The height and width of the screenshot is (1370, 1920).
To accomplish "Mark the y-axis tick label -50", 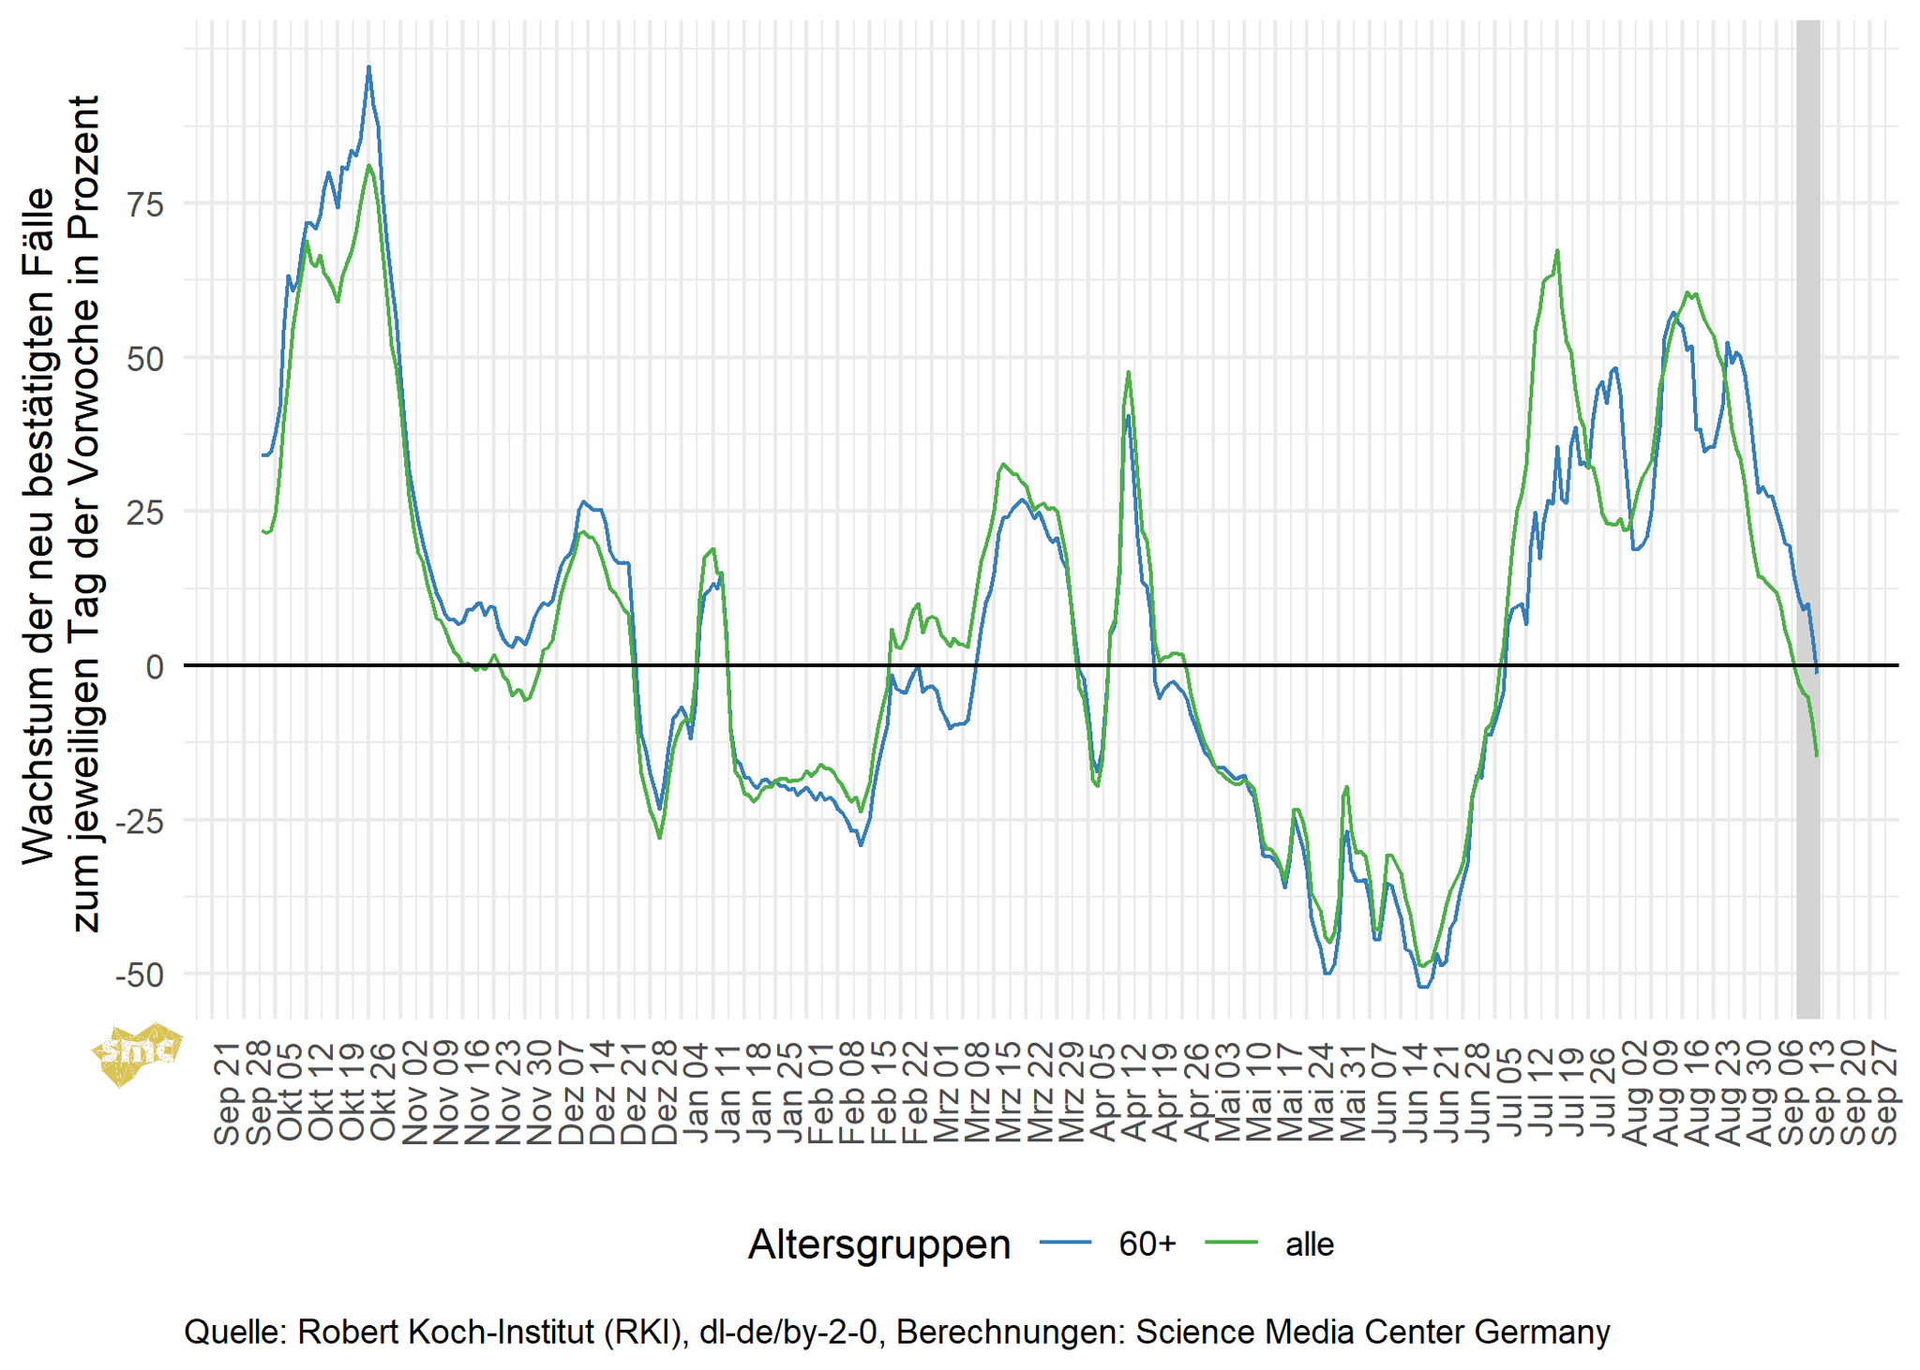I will click(x=140, y=975).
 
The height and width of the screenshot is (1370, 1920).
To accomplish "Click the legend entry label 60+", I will click(x=1147, y=1244).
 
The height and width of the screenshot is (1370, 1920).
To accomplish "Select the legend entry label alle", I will click(x=1309, y=1244).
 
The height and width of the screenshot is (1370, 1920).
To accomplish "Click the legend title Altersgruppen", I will click(x=878, y=1244).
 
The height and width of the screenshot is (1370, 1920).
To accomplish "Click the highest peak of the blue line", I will click(x=368, y=67).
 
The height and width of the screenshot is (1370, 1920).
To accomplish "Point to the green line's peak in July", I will click(x=1557, y=251).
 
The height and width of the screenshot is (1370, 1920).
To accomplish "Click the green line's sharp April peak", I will click(x=1129, y=372).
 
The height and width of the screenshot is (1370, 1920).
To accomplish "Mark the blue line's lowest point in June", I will click(x=1423, y=986).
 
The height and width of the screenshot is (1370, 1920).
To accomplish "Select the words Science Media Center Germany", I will click(x=1372, y=1332).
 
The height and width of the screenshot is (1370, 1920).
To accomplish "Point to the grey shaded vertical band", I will click(x=1808, y=519).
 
